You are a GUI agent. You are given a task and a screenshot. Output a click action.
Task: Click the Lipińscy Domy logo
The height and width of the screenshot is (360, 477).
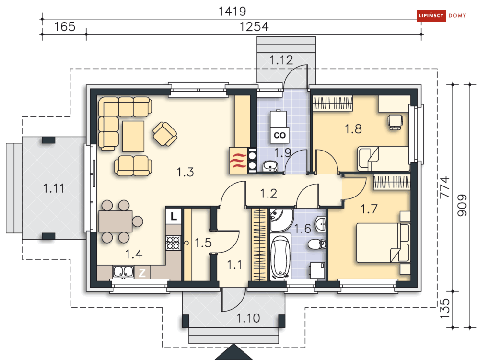pyautogui.click(x=442, y=15)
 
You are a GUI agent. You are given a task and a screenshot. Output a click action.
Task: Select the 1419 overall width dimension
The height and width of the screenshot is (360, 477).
pyautogui.click(x=233, y=11)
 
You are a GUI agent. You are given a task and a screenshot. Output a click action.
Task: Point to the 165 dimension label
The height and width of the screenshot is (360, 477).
pyautogui.click(x=65, y=26)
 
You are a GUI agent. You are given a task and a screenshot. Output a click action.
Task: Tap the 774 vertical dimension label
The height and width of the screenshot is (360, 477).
pyautogui.click(x=445, y=187)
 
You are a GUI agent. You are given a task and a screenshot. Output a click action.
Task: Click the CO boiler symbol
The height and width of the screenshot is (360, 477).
pyautogui.click(x=279, y=135)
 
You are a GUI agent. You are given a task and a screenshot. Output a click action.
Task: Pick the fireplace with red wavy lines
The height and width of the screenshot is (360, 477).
pyautogui.click(x=238, y=161)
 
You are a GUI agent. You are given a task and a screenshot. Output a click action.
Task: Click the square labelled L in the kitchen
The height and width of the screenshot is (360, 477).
pyautogui.click(x=174, y=216)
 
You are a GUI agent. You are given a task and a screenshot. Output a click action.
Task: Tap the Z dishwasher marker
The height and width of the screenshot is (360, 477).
pyautogui.click(x=142, y=273)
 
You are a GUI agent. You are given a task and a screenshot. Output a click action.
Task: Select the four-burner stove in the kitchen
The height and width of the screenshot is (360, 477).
pyautogui.click(x=173, y=243)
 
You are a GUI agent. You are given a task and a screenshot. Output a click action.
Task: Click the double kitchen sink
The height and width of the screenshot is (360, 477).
pyautogui.click(x=123, y=272)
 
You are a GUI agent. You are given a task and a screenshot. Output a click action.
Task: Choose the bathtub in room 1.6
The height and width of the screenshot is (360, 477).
pyautogui.click(x=280, y=257)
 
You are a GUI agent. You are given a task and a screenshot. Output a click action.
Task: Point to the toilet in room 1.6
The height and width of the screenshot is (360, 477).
pyautogui.click(x=316, y=244)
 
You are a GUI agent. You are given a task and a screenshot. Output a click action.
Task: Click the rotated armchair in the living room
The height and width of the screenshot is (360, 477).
pyautogui.click(x=165, y=134)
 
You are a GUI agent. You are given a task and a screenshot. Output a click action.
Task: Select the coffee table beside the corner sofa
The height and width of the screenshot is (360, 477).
pyautogui.click(x=133, y=136)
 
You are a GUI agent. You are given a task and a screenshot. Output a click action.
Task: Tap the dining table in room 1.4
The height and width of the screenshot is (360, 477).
pyautogui.click(x=116, y=221)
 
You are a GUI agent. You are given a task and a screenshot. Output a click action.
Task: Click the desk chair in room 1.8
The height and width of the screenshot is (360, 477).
pyautogui.click(x=395, y=122)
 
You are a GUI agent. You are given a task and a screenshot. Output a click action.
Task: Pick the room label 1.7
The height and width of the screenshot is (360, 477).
pyautogui.click(x=369, y=209)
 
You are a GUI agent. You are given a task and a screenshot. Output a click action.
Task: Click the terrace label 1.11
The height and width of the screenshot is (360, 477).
pyautogui.click(x=54, y=188)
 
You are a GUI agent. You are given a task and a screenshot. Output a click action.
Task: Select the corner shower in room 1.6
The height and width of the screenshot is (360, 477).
pyautogui.click(x=280, y=220)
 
